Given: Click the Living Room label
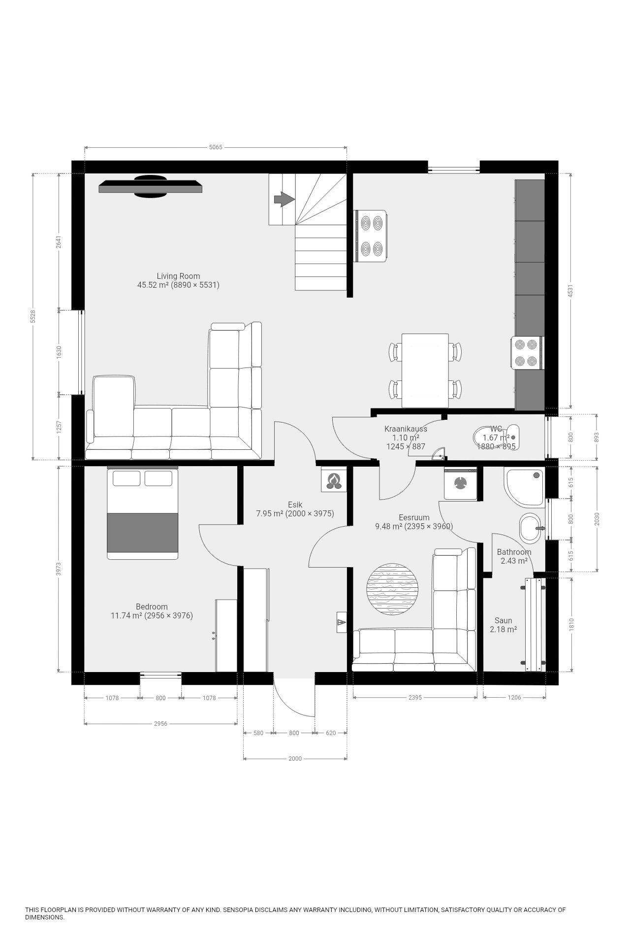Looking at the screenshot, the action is click(178, 276).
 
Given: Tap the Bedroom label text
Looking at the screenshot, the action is click(152, 607).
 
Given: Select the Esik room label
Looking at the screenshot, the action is click(295, 505).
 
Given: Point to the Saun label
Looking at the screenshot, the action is click(503, 620).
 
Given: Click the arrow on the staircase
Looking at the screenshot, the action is click(284, 199).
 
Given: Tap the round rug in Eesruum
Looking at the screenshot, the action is click(392, 589).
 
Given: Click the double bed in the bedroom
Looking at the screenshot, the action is click(143, 512).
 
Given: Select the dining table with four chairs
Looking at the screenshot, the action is click(425, 371).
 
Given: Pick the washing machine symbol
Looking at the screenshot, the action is click(461, 484).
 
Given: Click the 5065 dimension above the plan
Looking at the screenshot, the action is click(216, 147).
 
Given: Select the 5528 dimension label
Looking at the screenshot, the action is click(33, 316).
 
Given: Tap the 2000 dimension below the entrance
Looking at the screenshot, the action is click(295, 759).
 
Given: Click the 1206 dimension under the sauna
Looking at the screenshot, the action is click(514, 698).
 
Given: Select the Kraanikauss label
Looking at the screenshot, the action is click(406, 429).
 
